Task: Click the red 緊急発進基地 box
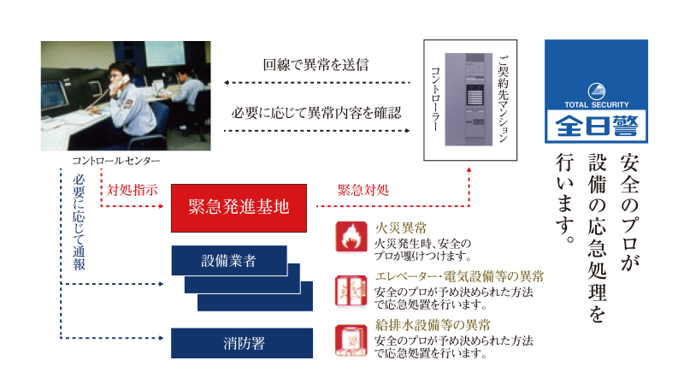(239, 208)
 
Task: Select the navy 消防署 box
(242, 343)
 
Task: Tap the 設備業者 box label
(228, 261)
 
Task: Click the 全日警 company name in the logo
(596, 126)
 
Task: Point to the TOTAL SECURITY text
(596, 104)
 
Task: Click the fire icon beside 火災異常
(351, 237)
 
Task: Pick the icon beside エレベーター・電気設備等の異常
(351, 291)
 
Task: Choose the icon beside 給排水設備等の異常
(351, 340)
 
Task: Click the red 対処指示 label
(133, 190)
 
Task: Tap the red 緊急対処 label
(363, 190)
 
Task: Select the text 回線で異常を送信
(315, 65)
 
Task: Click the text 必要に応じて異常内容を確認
(316, 113)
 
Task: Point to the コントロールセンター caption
(116, 161)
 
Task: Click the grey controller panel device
(469, 99)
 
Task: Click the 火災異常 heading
(401, 227)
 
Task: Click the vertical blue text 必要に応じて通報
(79, 222)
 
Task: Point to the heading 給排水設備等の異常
(433, 325)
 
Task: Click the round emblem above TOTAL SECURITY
(596, 92)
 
